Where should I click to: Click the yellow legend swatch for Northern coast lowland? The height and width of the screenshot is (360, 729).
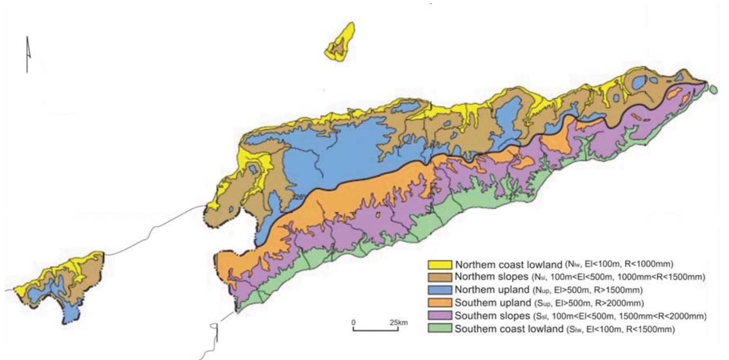pos(440,265)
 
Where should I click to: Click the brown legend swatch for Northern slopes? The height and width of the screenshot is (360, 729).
pos(440,277)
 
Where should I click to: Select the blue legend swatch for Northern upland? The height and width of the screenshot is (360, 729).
pos(440,290)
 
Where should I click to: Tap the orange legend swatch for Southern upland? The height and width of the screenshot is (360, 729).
pos(440,303)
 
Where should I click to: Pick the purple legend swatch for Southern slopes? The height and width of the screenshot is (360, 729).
pos(440,316)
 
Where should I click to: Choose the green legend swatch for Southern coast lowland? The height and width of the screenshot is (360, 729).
pos(440,328)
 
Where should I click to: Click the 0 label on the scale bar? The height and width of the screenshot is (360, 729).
pos(353,322)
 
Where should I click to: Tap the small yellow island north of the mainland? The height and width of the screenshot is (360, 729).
pos(340,42)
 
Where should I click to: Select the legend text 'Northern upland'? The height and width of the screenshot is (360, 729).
pos(492,290)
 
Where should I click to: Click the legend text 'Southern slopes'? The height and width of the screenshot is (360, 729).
pos(492,316)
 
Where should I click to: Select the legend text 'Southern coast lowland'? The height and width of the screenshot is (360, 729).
pos(509,329)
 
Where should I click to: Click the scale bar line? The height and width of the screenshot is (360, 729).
pos(376,330)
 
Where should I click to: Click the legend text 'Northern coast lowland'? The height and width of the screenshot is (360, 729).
pos(508,265)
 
